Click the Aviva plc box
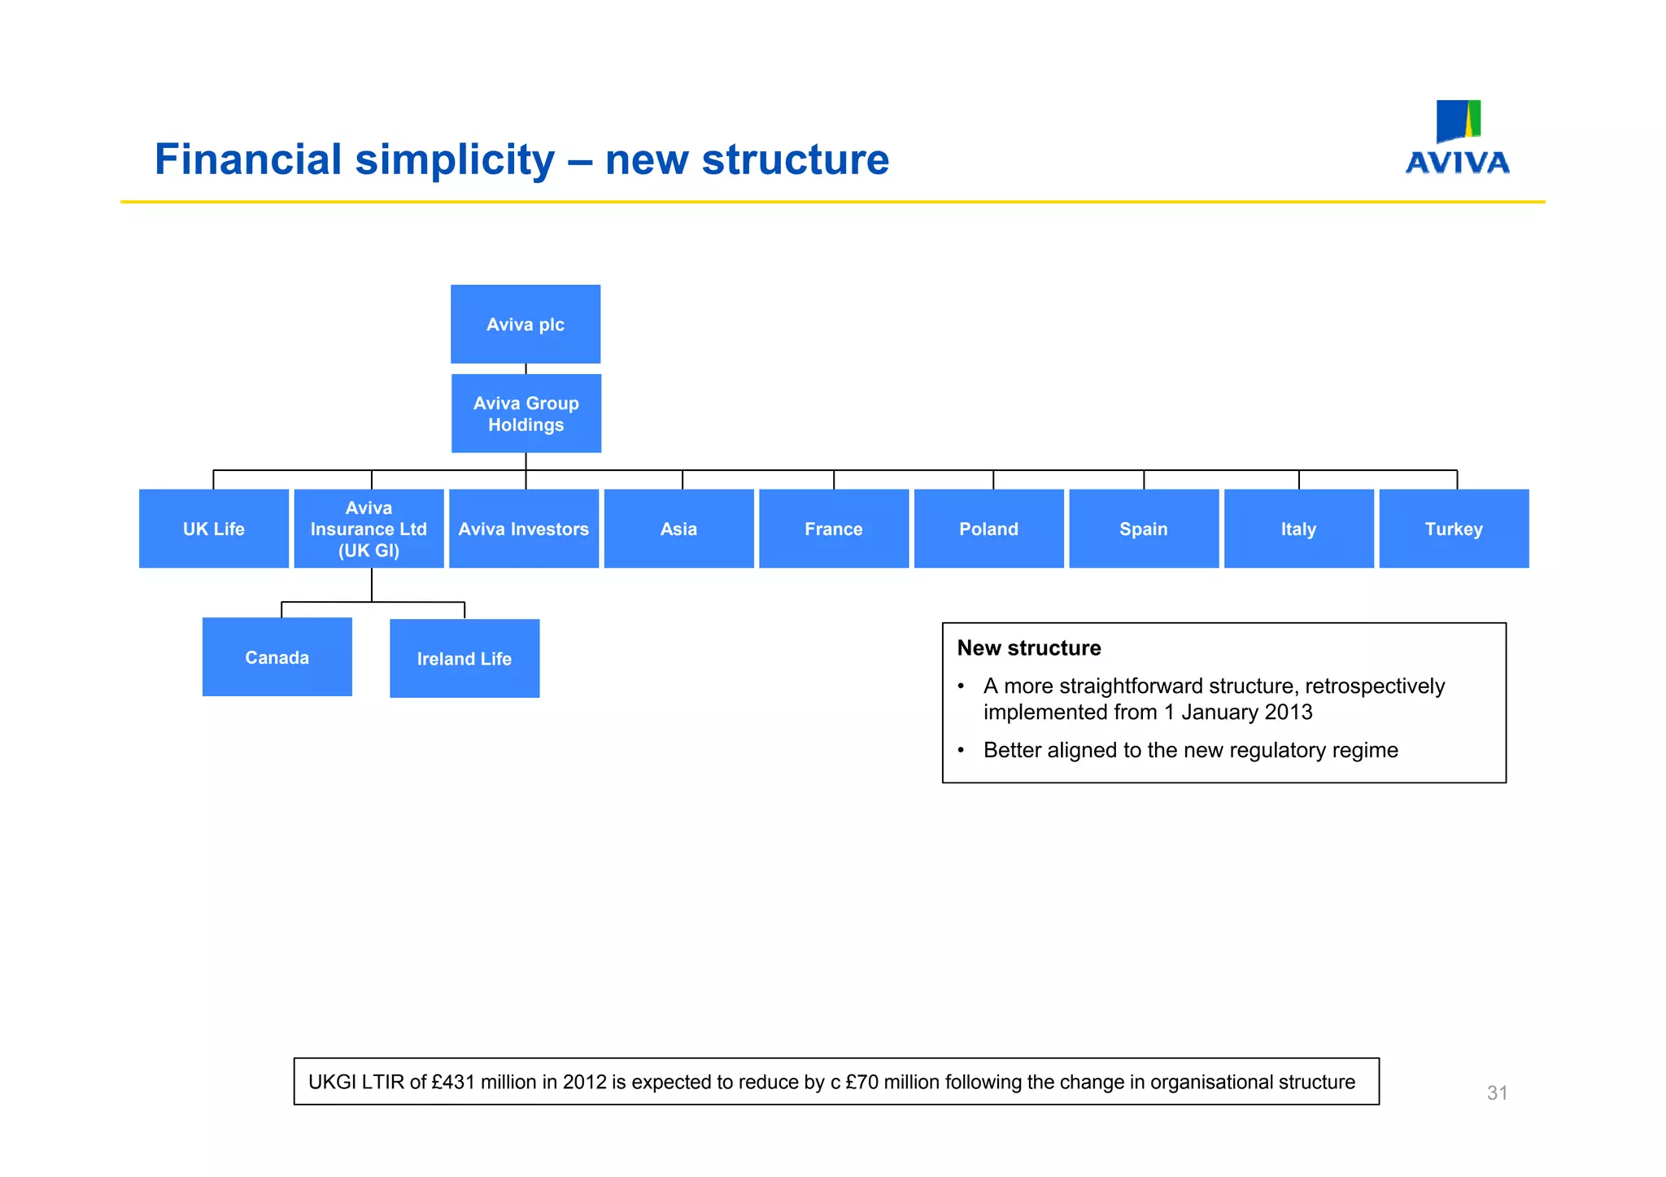pyautogui.click(x=526, y=324)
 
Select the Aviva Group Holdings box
pyautogui.click(x=526, y=413)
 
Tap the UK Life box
pyautogui.click(x=214, y=529)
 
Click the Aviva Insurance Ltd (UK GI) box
pyautogui.click(x=369, y=529)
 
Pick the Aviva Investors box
pyautogui.click(x=524, y=529)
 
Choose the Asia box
pyautogui.click(x=679, y=529)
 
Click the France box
pyautogui.click(x=834, y=529)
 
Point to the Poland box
pyautogui.click(x=989, y=529)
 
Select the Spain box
pyautogui.click(x=1144, y=529)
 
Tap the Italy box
pyautogui.click(x=1299, y=529)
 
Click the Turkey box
pyautogui.click(x=1454, y=529)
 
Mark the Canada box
pyautogui.click(x=277, y=657)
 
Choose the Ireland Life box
pyautogui.click(x=464, y=659)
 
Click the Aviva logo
pyautogui.click(x=1458, y=138)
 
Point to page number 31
pyautogui.click(x=1498, y=1093)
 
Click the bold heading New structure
pyautogui.click(x=1029, y=648)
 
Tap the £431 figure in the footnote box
pyautogui.click(x=452, y=1083)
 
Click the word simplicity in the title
pyautogui.click(x=455, y=159)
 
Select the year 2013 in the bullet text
pyautogui.click(x=1289, y=713)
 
